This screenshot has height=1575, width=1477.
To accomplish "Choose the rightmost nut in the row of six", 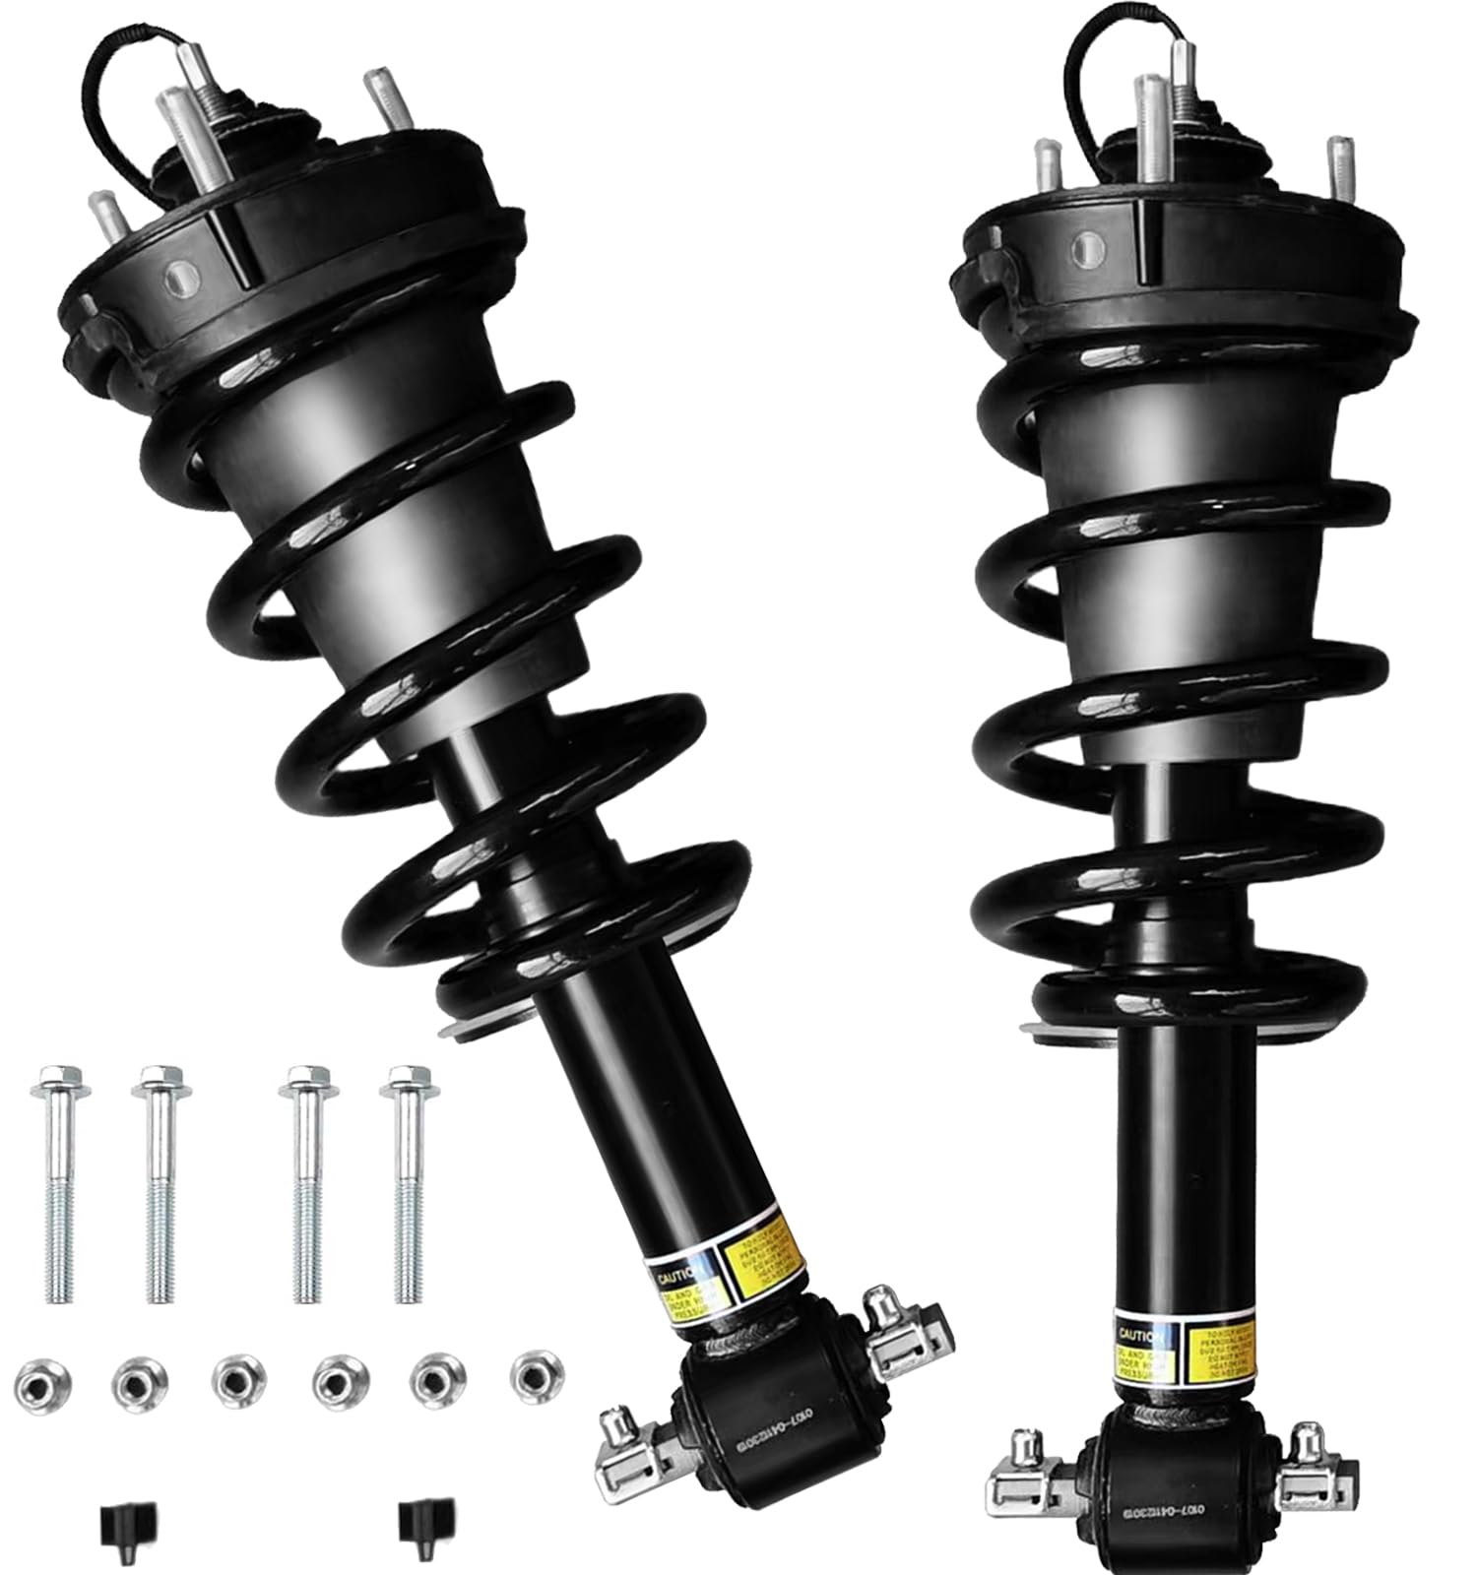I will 538,1370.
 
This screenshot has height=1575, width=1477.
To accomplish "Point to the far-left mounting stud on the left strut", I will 102,221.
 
